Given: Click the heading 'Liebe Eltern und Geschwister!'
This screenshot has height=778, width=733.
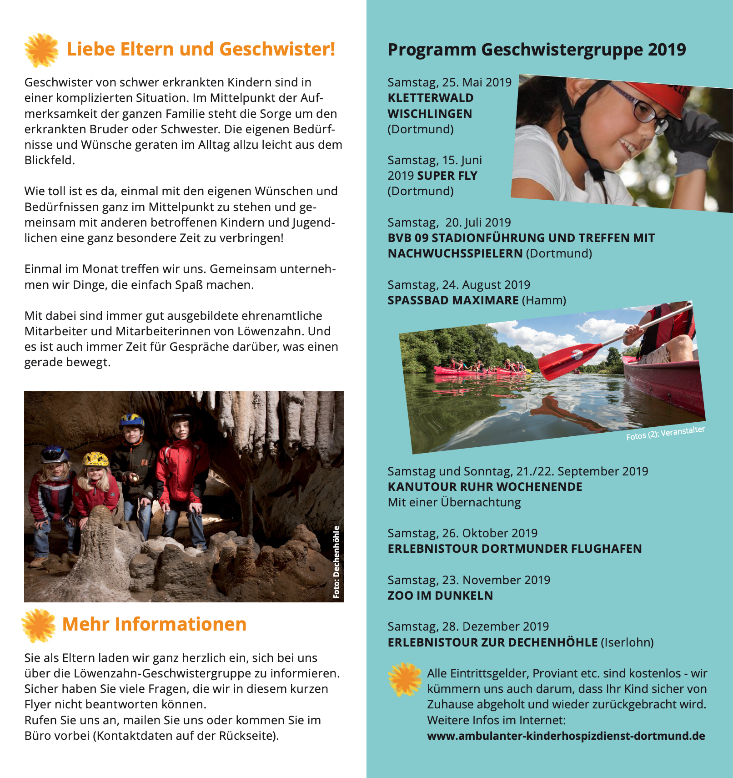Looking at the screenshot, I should click(x=201, y=49).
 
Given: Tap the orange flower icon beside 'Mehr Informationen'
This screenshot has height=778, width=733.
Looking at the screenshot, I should click(x=39, y=625).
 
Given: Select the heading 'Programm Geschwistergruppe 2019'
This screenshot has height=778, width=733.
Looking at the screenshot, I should click(x=537, y=50).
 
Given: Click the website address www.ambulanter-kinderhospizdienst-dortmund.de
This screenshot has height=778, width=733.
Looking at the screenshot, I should click(x=566, y=736).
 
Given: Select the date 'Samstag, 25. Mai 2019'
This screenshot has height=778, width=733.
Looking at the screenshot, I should click(x=449, y=82).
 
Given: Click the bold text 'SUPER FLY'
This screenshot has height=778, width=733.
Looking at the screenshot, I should click(x=447, y=176).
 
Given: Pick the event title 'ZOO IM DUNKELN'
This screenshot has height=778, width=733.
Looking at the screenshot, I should click(x=440, y=596).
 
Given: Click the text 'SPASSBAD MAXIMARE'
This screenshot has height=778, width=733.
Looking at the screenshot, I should click(x=453, y=300).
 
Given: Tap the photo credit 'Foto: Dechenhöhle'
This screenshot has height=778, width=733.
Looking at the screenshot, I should click(x=336, y=562).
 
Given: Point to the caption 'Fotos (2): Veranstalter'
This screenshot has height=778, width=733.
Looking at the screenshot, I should click(x=665, y=433).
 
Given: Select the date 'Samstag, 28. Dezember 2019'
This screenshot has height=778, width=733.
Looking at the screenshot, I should click(x=468, y=626).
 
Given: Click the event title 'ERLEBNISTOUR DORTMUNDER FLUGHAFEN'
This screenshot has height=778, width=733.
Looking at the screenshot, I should click(x=515, y=549).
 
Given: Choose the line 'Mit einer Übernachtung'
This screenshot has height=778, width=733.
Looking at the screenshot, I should click(x=454, y=502).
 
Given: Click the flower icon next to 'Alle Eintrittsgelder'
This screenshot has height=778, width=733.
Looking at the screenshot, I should click(x=404, y=679).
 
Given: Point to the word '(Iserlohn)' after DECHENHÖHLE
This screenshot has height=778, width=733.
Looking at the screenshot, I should click(x=627, y=642).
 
